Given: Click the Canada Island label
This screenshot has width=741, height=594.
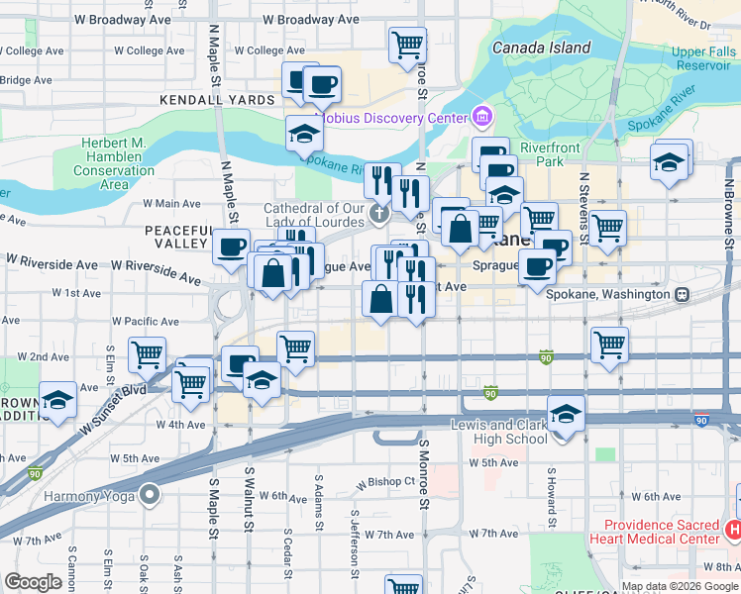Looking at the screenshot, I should (x=542, y=48).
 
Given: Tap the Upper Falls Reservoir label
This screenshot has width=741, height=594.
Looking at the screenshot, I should (x=701, y=57).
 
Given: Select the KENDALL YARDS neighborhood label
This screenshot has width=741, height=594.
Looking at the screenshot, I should (x=218, y=101).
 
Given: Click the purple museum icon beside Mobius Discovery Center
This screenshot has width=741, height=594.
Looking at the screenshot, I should (x=482, y=119).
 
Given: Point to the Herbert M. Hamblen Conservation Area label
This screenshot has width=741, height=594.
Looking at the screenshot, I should (x=114, y=163).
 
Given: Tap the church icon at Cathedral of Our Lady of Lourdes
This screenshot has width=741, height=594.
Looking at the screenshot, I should (x=377, y=214).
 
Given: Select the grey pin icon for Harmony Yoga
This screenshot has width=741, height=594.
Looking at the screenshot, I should (x=150, y=493).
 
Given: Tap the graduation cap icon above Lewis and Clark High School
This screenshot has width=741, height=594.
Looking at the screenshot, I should (x=566, y=412).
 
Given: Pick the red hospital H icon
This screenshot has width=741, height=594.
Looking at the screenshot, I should (x=732, y=531).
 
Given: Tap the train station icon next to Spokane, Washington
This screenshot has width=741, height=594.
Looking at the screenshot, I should (x=682, y=295).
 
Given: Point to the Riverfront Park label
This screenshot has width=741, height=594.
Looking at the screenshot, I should (x=543, y=154).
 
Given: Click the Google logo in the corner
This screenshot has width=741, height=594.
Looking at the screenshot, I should (x=33, y=582).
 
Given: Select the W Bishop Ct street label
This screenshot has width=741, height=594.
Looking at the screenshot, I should (x=384, y=482).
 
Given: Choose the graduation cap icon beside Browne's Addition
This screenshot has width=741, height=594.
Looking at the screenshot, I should (x=57, y=400).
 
